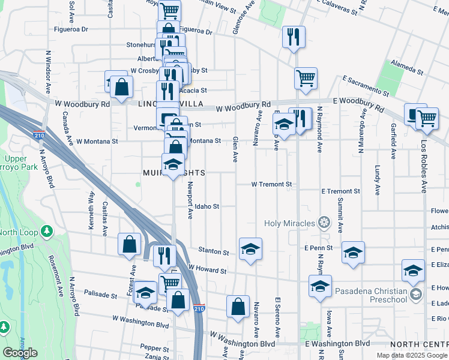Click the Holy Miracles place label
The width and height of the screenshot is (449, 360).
pyautogui.click(x=290, y=224)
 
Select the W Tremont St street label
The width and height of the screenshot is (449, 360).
pyautogui.click(x=271, y=184)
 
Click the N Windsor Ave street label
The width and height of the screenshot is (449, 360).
pyautogui.click(x=47, y=72)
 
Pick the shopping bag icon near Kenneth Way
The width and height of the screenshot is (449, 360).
pyautogui.click(x=130, y=245)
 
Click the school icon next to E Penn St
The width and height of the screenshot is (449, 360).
pyautogui.click(x=353, y=253)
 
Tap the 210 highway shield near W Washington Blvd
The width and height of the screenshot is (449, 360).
pyautogui.click(x=200, y=308)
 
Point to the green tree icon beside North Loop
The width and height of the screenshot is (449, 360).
pyautogui.click(x=47, y=232)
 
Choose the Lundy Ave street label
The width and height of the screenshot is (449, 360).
pyautogui.click(x=378, y=180)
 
